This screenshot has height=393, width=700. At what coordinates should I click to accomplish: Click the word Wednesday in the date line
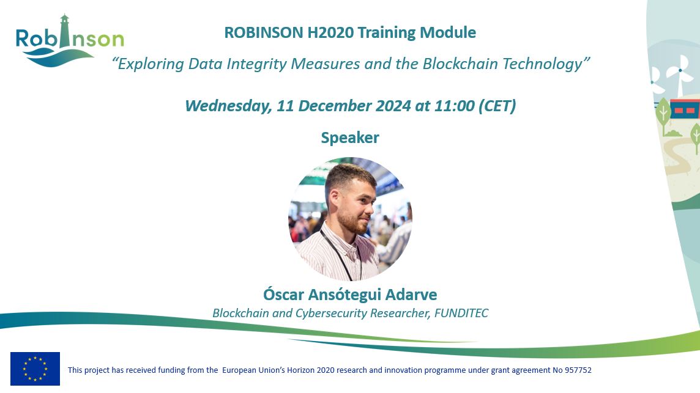(228, 106)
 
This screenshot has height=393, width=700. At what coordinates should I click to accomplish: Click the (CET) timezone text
(496, 106)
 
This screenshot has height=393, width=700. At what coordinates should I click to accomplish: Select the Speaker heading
(350, 138)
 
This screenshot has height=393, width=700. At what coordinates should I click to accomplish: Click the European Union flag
(35, 369)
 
